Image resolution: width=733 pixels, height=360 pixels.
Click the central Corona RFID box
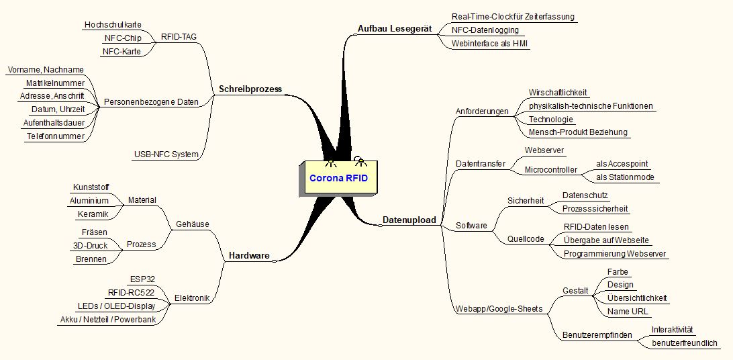coord(338,179)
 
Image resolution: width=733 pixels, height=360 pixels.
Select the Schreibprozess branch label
coord(250,89)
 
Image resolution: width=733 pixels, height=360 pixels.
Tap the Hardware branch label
coord(249,256)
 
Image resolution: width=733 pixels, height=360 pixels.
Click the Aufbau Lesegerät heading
coord(393,30)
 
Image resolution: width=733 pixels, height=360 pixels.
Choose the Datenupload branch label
coord(409,220)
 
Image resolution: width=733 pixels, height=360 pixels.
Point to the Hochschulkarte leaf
coord(113,25)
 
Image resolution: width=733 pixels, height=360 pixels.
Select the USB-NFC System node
coord(166,154)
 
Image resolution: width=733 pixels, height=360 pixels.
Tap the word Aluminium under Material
coord(89,201)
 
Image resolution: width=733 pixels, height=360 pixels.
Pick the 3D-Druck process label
coord(90,246)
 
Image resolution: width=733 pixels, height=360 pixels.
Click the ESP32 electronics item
coord(142,279)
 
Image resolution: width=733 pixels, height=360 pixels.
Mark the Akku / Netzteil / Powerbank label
coord(108,319)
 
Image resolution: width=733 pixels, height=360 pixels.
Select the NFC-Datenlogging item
coord(485,30)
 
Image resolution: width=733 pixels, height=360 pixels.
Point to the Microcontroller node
coord(550,171)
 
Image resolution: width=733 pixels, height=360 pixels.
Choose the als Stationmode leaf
coord(625,178)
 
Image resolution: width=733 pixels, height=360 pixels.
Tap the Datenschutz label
coord(585,195)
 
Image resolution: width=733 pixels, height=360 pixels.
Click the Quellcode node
coord(526,239)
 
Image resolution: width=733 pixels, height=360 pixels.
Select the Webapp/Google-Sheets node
coord(499,309)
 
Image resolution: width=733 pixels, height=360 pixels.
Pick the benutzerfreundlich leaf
coord(685,343)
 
